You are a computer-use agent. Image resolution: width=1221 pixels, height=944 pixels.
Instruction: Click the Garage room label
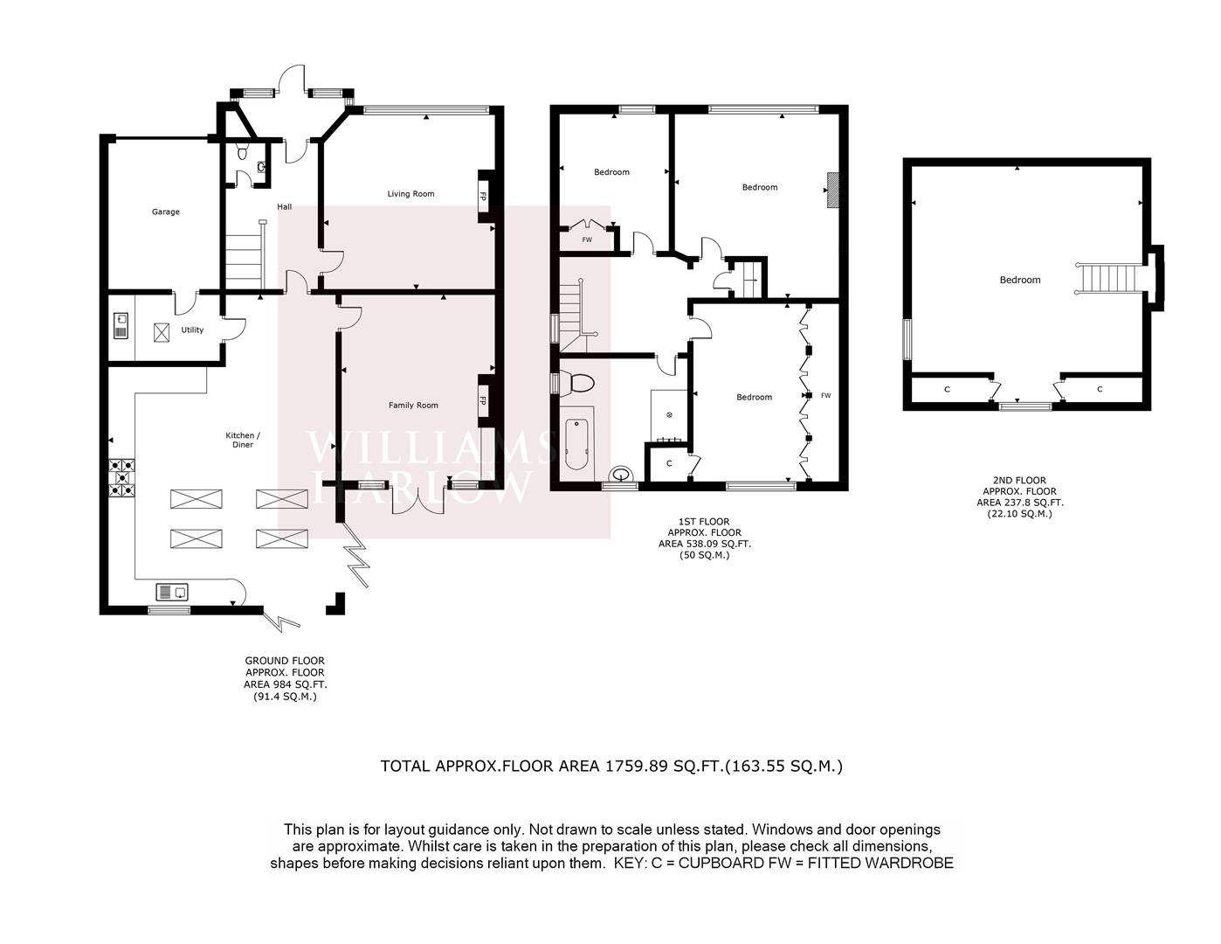coord(166,212)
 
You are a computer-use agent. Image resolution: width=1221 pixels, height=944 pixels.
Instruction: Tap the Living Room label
coord(410,194)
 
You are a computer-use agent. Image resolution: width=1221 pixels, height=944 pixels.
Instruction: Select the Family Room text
coord(413,406)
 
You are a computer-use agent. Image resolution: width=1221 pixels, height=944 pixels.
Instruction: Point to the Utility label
coord(192,330)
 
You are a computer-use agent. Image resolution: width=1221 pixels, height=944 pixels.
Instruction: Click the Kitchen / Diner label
coord(243,441)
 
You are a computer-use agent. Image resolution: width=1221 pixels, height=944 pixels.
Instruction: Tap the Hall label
coord(285,207)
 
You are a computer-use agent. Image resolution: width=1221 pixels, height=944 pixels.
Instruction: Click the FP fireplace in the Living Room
coord(483,197)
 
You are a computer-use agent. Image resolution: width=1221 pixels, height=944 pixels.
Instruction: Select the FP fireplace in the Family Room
coord(483,401)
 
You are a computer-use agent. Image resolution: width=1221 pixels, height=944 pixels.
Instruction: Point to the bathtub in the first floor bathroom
coord(576,444)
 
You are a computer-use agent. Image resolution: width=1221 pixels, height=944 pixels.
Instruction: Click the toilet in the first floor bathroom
coord(579,384)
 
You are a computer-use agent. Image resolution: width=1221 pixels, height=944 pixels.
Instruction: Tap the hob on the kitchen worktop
coord(122,478)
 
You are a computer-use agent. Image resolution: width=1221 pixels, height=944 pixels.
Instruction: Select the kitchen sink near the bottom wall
coord(171,592)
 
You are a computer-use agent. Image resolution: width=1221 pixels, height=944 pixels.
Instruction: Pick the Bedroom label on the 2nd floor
coord(1020,280)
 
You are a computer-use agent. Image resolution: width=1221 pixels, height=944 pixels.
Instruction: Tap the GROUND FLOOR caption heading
coord(285,661)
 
